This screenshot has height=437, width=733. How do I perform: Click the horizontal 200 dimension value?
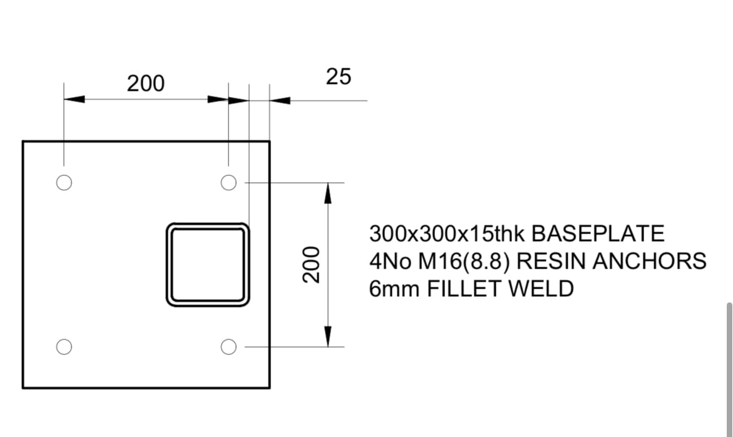point(146,84)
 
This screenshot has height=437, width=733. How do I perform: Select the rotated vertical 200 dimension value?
point(311,265)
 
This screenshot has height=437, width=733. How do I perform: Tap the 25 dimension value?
point(339,76)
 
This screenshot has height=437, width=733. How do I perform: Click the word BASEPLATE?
point(598,234)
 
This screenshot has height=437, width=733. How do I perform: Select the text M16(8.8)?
point(463,261)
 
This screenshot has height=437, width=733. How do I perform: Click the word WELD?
point(541,289)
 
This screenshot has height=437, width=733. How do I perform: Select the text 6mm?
point(394,289)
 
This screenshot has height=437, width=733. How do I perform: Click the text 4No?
point(391,261)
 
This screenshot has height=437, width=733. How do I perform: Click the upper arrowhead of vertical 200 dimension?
point(328,193)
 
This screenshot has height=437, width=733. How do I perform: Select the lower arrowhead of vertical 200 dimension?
point(328,336)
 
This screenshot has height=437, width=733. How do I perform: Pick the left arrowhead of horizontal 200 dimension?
point(74,99)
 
